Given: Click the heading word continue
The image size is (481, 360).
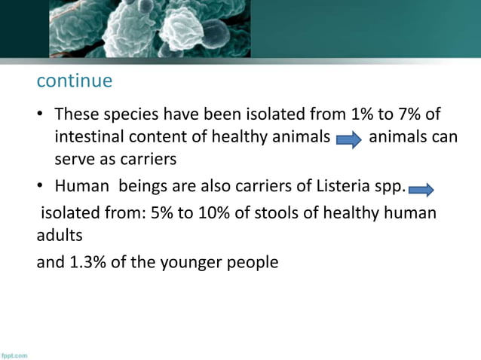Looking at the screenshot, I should [x=75, y=80].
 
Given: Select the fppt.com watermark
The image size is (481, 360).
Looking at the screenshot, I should [x=14, y=354].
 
